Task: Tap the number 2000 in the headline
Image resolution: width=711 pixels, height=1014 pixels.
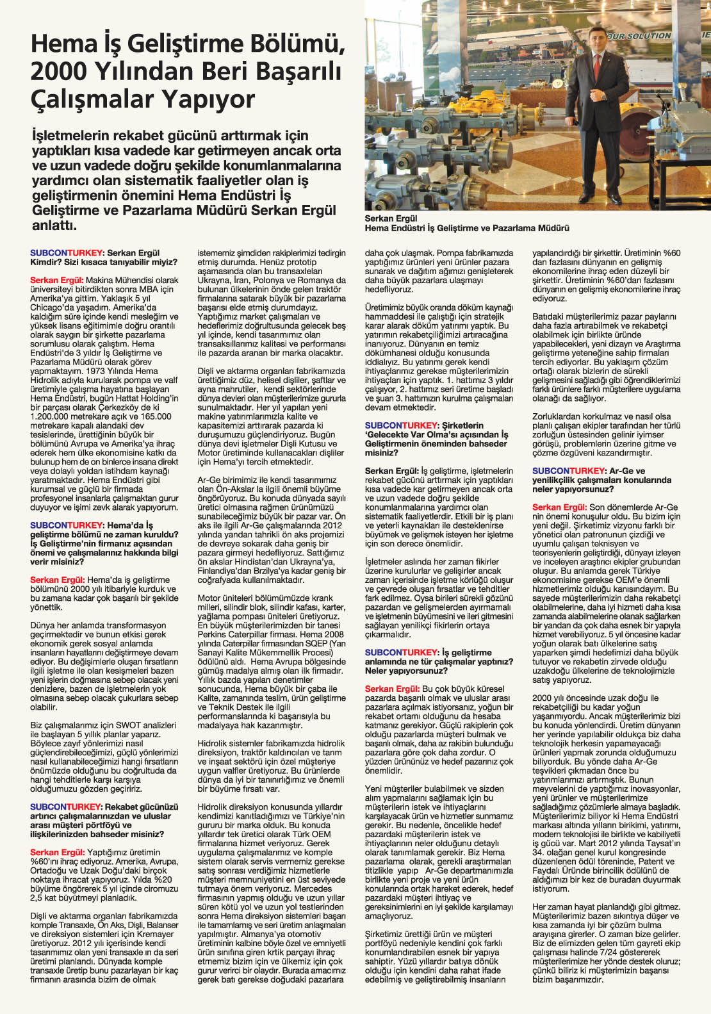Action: point(58,71)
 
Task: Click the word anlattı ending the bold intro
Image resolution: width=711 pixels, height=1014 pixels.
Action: point(54,225)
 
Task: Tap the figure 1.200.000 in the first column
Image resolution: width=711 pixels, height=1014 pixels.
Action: point(53,416)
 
